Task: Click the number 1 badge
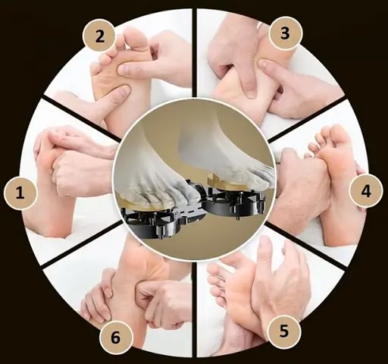tap(20, 193)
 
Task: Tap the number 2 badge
tap(100, 37)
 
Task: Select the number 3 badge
tap(285, 33)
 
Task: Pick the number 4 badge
tap(366, 191)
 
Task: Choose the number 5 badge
tap(284, 331)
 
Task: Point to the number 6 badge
tap(116, 337)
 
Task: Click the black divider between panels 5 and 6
tap(194, 309)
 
